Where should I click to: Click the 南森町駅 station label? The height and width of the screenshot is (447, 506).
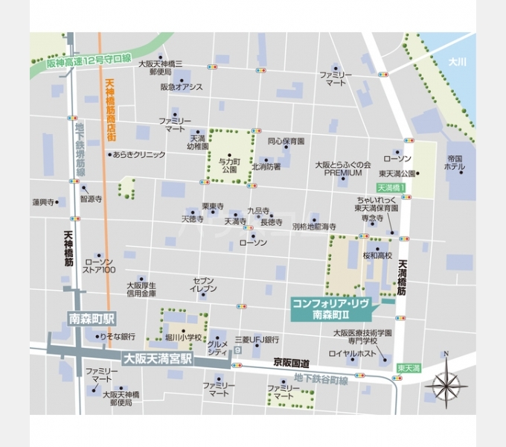pos(92,317)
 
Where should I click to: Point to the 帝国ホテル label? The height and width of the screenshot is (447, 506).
pos(456,162)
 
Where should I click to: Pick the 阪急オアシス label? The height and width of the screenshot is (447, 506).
pos(181,87)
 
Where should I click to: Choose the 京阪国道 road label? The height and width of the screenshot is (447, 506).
pos(289,361)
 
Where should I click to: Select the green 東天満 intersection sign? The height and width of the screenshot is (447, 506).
pos(409,368)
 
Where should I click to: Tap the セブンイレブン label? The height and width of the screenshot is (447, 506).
pos(203,284)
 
